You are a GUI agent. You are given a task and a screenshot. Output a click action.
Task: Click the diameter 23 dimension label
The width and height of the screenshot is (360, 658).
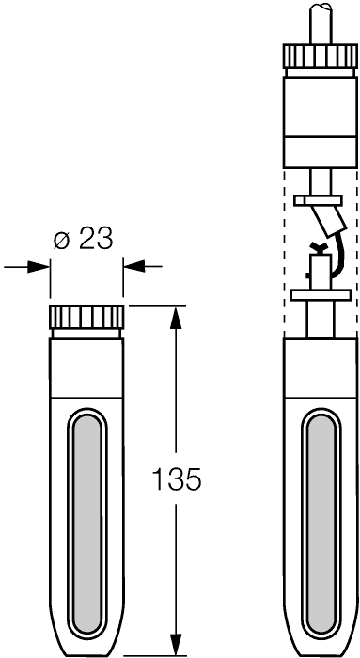tap(84, 240)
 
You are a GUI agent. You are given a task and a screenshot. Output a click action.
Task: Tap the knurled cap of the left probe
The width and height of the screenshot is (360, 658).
tap(86, 318)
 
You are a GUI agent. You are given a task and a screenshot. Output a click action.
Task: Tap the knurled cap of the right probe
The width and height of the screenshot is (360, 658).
tap(321, 55)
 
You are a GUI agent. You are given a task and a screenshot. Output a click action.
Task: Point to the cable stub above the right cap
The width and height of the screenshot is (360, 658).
tap(321, 23)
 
